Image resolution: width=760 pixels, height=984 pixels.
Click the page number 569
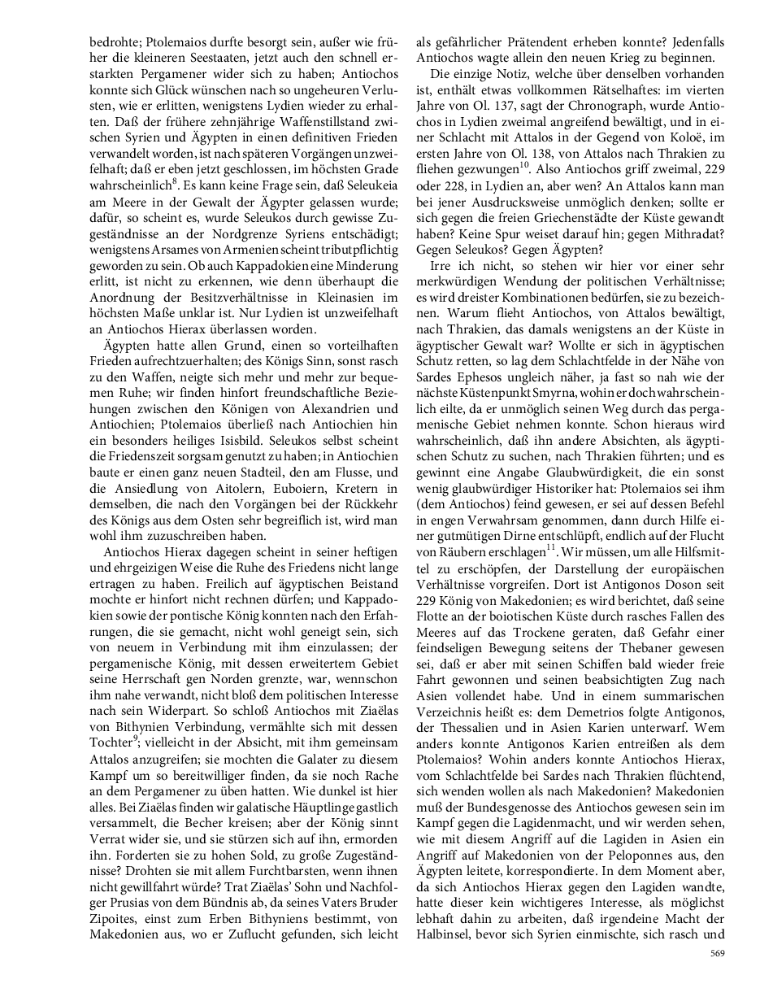coord(717,952)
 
